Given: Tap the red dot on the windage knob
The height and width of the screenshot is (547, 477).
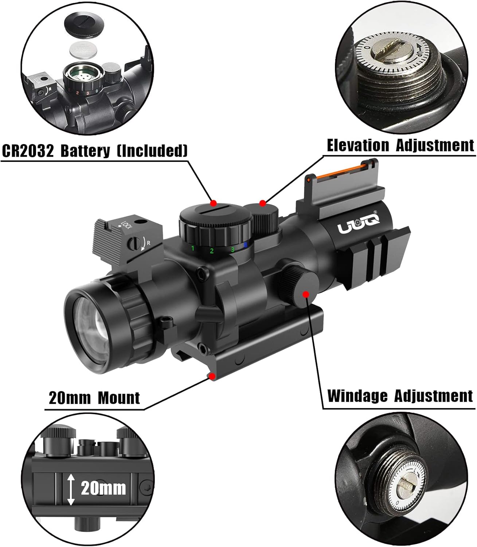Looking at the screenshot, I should pyautogui.click(x=306, y=294).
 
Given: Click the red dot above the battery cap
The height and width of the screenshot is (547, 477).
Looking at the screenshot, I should pyautogui.click(x=214, y=203).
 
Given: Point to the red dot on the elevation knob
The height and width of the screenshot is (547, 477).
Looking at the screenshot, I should pyautogui.click(x=262, y=203).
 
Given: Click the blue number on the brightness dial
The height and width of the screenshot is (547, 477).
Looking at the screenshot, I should pyautogui.click(x=245, y=245).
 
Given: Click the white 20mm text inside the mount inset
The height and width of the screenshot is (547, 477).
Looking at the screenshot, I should pyautogui.click(x=103, y=488).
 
